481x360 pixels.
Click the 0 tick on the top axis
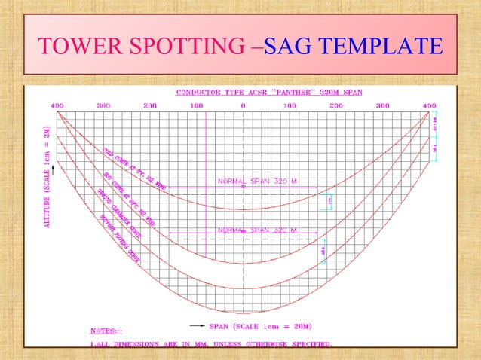(243, 106)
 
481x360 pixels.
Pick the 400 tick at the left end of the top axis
(57, 106)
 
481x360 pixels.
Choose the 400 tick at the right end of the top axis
(429, 106)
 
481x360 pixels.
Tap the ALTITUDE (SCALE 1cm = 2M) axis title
(47, 178)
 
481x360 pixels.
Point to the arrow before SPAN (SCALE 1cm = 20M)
(198, 326)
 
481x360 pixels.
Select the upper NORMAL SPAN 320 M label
(257, 182)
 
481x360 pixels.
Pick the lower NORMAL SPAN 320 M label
(257, 229)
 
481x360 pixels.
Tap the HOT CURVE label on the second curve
(121, 189)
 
